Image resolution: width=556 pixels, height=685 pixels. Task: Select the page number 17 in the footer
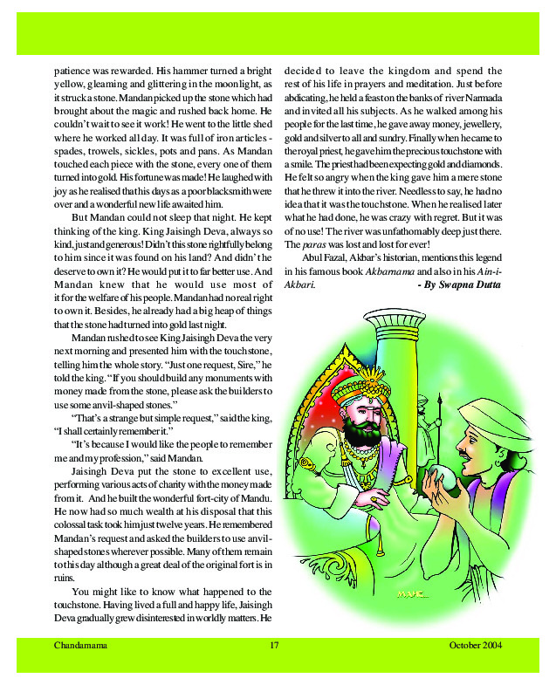[274, 645]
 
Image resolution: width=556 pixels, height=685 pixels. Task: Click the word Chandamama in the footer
[79, 645]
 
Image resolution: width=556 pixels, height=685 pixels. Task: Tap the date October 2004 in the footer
[476, 645]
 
